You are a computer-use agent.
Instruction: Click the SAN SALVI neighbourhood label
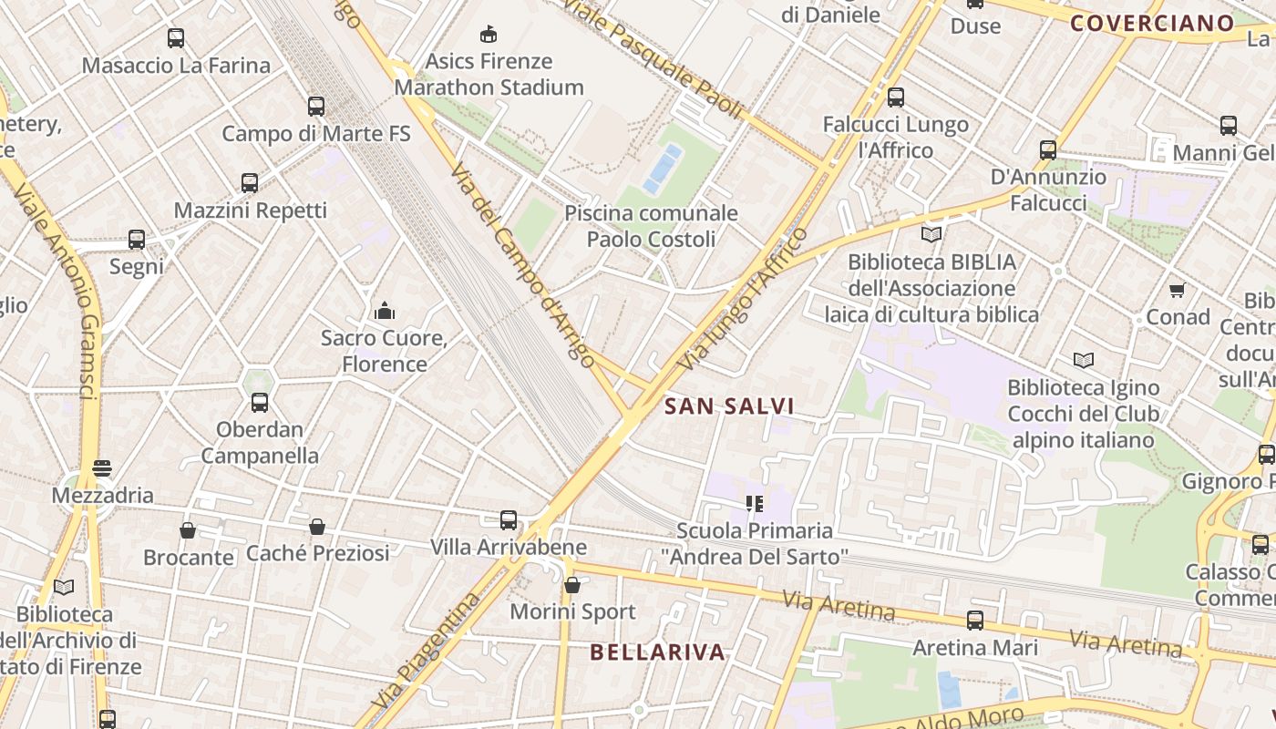pos(729,406)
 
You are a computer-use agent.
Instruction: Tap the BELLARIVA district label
pos(657,652)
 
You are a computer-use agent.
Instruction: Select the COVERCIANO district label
pos(1152,24)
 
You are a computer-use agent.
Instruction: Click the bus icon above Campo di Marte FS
pos(316,107)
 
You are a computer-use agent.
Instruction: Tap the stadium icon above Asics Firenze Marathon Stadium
pos(489,35)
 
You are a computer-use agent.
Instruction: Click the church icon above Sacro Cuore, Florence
pos(384,312)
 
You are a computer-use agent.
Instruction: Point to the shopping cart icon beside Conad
pos(1177,291)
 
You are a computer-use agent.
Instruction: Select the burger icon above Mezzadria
pos(102,469)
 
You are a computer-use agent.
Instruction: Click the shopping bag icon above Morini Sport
pos(571,585)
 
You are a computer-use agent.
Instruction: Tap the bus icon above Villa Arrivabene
pos(509,520)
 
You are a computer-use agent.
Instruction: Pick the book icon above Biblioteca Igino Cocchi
pos(1083,361)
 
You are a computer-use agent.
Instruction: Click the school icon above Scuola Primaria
pos(754,504)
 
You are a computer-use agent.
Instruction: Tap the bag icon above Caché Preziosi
pos(317,527)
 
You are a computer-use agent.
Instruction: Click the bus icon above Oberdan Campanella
pos(260,403)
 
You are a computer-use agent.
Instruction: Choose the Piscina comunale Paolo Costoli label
pos(651,226)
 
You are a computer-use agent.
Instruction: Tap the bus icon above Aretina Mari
pos(975,621)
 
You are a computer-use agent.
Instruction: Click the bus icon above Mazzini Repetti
pos(250,183)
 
